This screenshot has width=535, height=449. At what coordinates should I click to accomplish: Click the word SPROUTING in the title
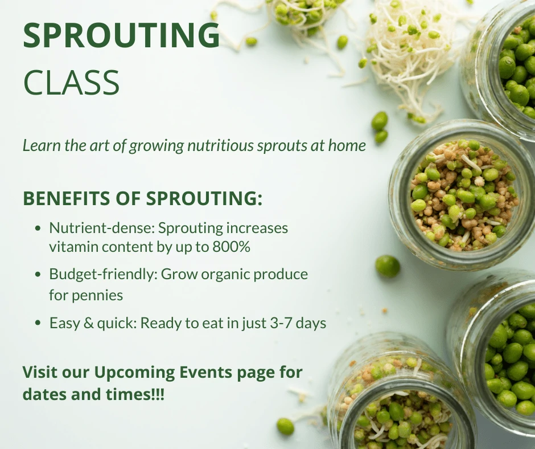(121, 35)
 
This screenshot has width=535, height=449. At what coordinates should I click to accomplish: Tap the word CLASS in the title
(72, 83)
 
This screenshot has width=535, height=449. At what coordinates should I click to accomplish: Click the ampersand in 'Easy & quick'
(88, 323)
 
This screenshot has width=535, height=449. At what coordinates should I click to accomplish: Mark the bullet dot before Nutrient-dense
(38, 228)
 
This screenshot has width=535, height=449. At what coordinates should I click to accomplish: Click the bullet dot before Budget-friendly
(38, 275)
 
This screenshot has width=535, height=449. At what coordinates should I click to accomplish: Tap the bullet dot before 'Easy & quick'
(38, 323)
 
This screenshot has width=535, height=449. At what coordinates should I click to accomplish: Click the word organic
(224, 275)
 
